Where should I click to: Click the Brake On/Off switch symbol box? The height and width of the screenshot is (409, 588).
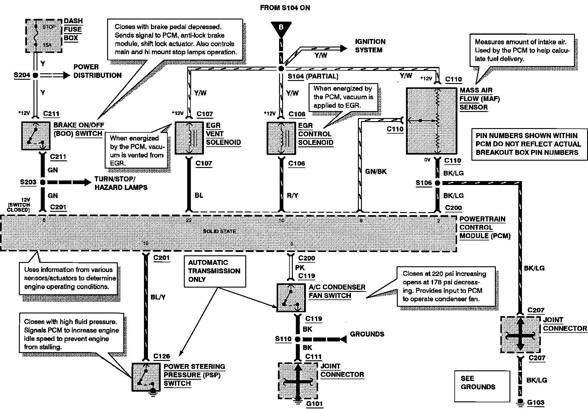tap(36, 136)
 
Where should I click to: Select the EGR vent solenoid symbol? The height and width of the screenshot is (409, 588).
tap(189, 138)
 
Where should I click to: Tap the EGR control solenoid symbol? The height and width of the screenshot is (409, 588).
tap(281, 138)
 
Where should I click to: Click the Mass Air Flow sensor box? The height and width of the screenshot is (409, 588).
tap(431, 121)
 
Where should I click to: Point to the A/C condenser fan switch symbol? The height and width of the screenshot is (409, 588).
tap(291, 298)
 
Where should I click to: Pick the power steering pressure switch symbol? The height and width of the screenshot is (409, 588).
tap(146, 377)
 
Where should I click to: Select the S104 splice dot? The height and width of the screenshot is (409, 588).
tap(281, 68)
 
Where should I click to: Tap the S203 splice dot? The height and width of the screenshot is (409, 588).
tap(43, 182)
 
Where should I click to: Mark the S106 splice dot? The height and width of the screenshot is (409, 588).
tap(437, 183)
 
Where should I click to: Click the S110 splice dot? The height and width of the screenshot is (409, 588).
tap(298, 339)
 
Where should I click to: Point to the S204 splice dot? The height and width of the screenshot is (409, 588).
tap(36, 75)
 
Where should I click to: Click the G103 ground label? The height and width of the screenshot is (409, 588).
tap(535, 403)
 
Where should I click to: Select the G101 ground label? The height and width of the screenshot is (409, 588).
tap(314, 404)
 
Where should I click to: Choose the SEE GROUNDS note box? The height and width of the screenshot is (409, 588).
tap(482, 386)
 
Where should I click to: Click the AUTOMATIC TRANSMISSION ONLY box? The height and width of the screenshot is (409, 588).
tap(215, 271)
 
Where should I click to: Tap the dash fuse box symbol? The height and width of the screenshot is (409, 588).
tap(43, 36)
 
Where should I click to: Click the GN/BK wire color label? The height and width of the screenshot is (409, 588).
tap(376, 172)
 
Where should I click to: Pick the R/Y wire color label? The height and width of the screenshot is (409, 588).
tap(292, 195)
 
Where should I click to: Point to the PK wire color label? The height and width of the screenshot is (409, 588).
tap(300, 267)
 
